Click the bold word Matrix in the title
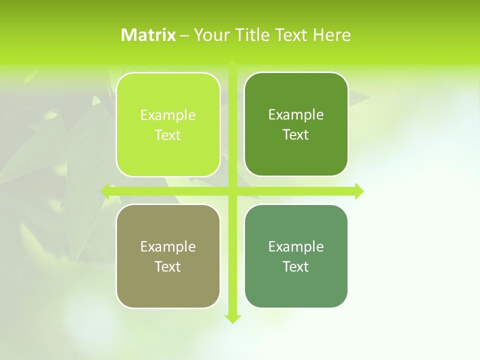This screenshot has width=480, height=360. [148, 35]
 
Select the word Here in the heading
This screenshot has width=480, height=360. [331, 35]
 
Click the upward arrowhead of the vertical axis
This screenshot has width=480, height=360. [232, 64]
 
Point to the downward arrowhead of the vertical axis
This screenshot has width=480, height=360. [232, 319]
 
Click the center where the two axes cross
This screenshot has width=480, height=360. [232, 191]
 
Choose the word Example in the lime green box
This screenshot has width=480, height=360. [168, 115]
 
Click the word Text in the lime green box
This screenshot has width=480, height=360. [168, 135]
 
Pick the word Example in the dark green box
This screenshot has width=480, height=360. [296, 114]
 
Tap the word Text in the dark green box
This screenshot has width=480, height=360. [296, 134]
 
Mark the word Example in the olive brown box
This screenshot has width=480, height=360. [168, 246]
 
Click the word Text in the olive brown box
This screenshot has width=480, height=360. [168, 266]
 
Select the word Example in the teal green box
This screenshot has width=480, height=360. [296, 246]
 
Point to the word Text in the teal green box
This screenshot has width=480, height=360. [296, 266]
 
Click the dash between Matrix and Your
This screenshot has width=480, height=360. [184, 35]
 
